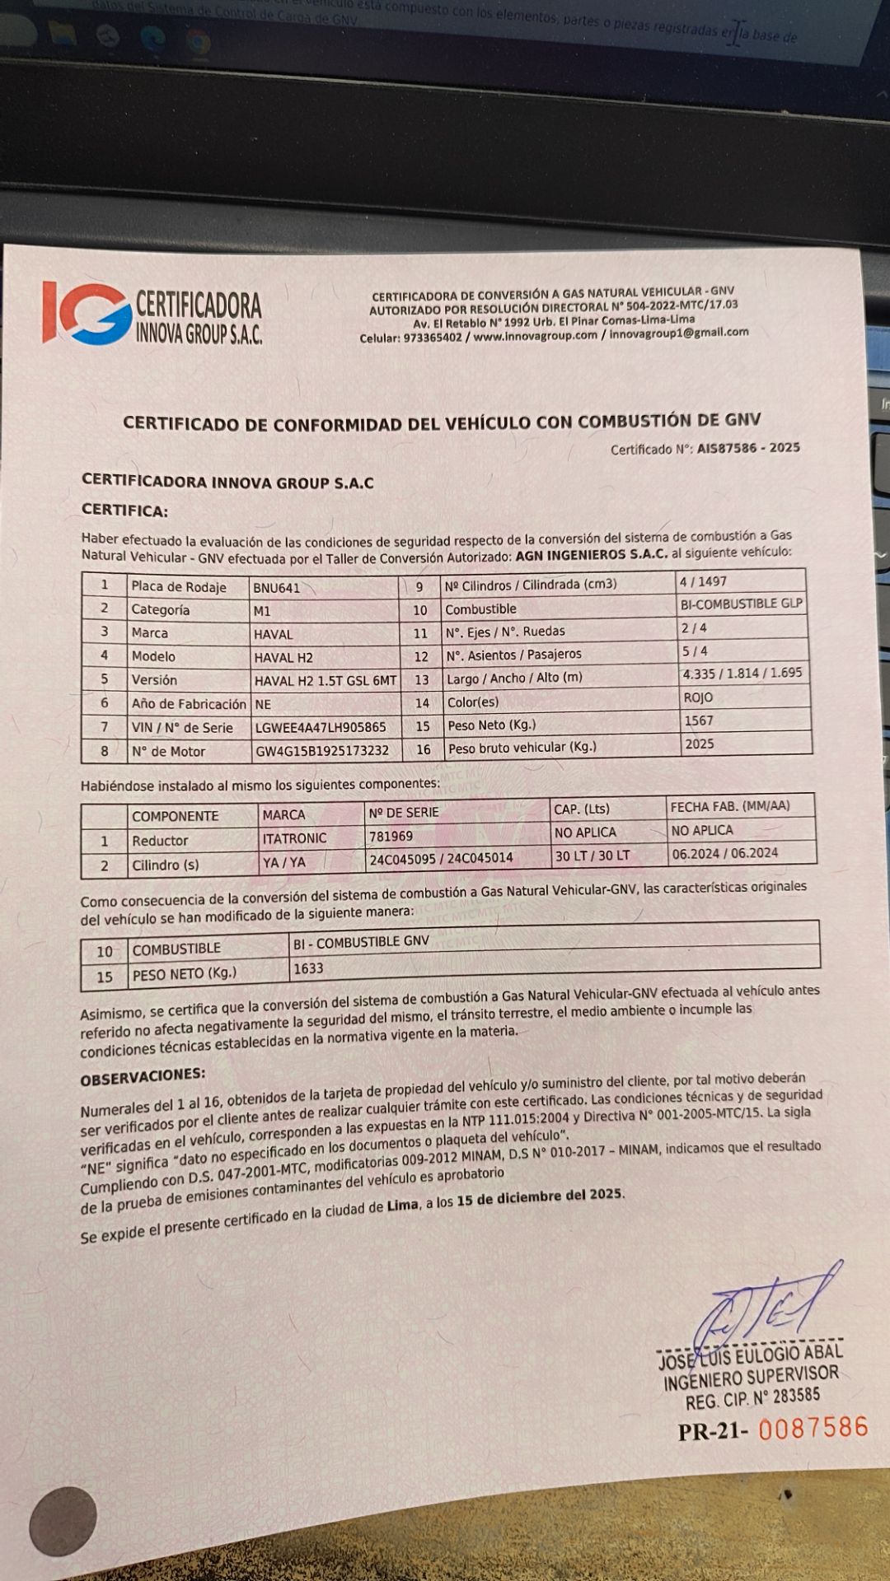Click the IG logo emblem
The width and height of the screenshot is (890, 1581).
(x=87, y=313)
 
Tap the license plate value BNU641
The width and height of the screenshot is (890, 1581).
(x=277, y=588)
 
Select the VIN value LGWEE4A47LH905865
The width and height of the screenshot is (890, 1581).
(x=320, y=727)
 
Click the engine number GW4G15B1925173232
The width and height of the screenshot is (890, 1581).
(x=322, y=751)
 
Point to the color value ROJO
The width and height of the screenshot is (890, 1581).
(x=698, y=697)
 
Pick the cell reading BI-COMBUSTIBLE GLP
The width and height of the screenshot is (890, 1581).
(x=741, y=604)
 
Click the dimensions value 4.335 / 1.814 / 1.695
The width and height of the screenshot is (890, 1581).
(x=742, y=673)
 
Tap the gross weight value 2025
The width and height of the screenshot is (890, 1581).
(x=699, y=744)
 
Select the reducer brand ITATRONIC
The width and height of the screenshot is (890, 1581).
(x=294, y=838)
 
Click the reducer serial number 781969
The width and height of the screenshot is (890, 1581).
(x=391, y=836)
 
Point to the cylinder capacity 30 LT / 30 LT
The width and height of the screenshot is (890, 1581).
(x=592, y=856)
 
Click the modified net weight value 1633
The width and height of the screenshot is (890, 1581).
(x=308, y=968)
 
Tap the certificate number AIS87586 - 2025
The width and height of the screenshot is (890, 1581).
(x=747, y=448)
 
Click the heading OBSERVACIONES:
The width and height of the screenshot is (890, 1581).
(x=143, y=1075)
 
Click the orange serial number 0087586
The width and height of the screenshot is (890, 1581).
(x=813, y=1427)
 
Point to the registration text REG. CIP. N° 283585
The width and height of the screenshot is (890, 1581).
(x=752, y=1398)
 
